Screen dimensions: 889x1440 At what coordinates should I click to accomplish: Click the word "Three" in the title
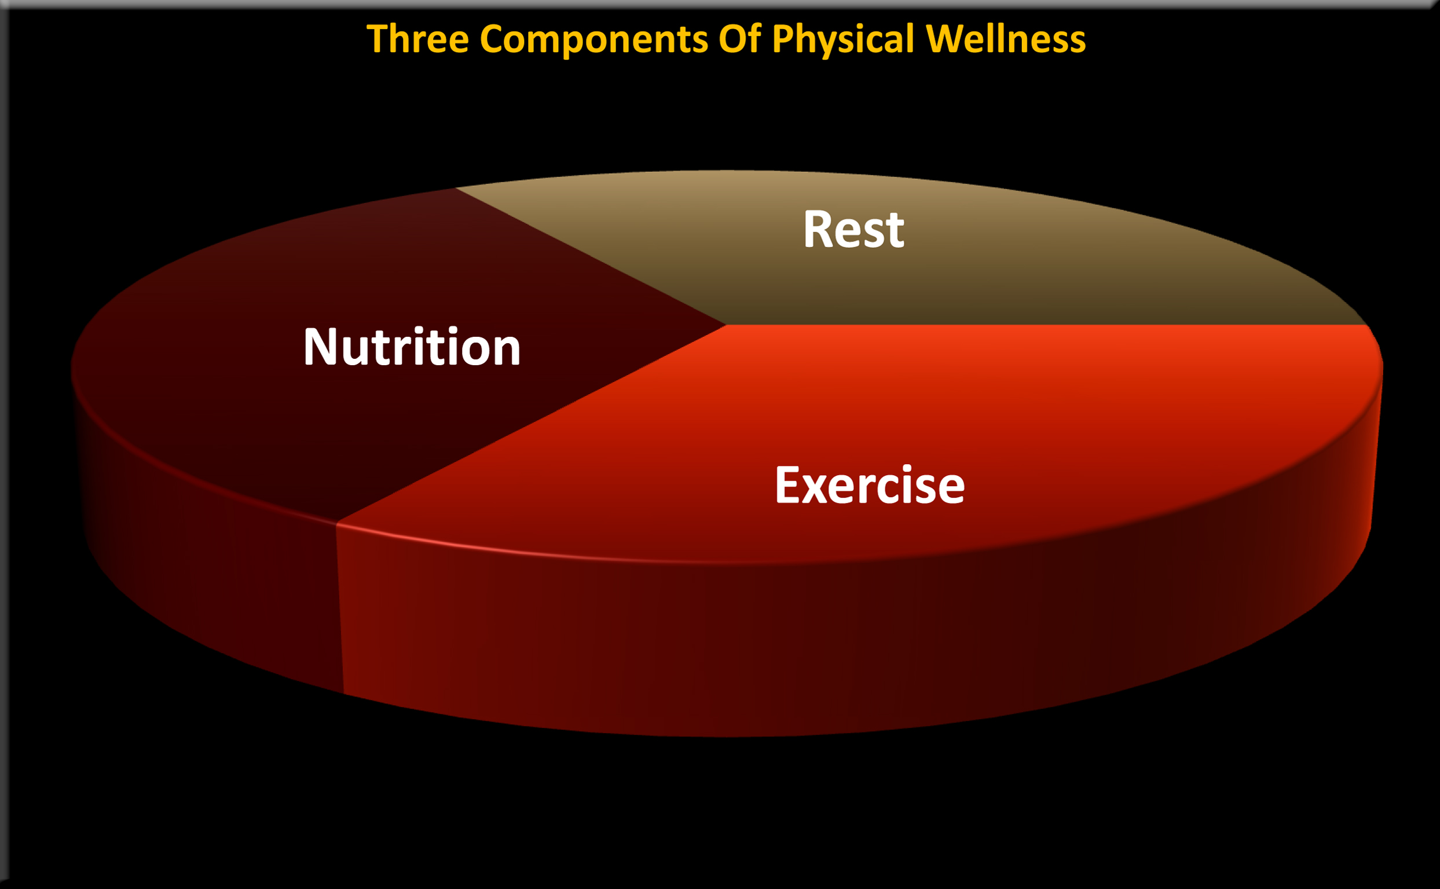click(417, 39)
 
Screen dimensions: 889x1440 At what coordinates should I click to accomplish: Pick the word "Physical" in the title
click(842, 40)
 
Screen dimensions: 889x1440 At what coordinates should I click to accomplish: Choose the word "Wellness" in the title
click(1005, 39)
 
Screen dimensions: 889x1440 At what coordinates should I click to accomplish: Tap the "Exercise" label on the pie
click(870, 485)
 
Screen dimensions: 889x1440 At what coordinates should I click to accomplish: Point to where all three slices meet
click(726, 325)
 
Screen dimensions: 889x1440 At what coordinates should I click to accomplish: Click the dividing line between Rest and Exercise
click(1047, 325)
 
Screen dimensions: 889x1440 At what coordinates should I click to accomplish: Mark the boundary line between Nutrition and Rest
click(588, 256)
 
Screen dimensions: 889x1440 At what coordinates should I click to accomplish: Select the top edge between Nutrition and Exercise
click(529, 423)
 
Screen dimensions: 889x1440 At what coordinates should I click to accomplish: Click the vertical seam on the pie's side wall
click(339, 612)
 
